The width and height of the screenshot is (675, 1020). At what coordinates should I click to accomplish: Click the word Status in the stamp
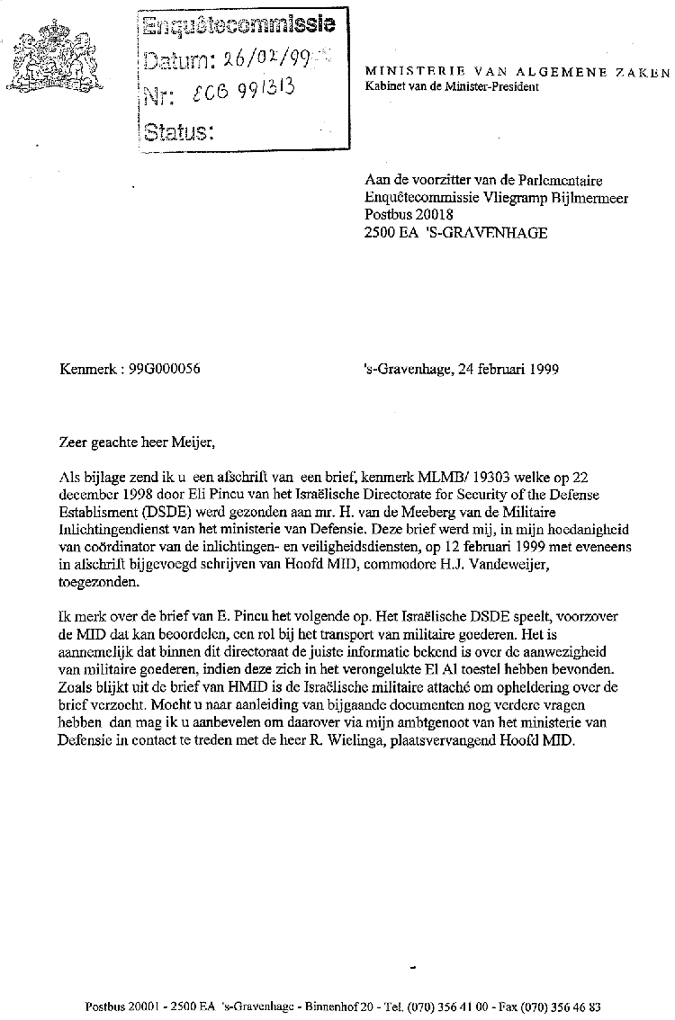pos(178,133)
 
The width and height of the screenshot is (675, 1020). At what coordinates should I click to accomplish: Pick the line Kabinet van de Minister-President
pos(451,87)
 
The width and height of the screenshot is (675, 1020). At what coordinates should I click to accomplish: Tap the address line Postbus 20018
pos(409,215)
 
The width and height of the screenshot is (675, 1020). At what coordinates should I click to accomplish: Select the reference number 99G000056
pos(165,368)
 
